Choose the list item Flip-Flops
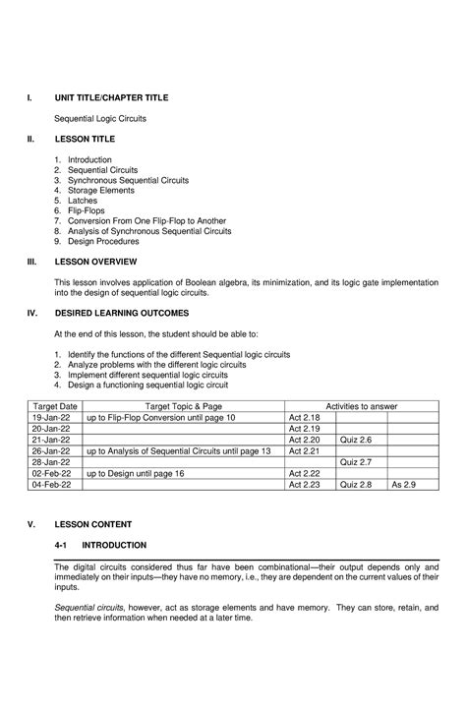[87, 210]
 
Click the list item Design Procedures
[103, 241]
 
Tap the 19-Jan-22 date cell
[50, 417]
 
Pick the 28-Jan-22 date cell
[50, 461]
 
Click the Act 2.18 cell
[304, 417]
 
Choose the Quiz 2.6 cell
[356, 440]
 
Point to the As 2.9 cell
[404, 484]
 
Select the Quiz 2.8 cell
[356, 484]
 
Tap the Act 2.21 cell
[304, 450]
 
